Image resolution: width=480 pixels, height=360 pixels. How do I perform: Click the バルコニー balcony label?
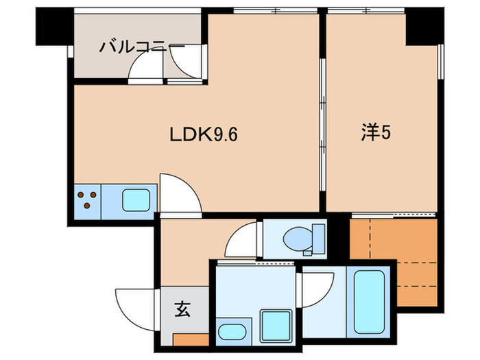tap(141, 47)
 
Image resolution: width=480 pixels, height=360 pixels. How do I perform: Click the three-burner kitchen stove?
tap(87, 200)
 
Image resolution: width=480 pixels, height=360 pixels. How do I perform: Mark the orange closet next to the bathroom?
tap(394, 261)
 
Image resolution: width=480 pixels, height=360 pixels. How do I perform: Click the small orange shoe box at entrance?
tap(190, 338)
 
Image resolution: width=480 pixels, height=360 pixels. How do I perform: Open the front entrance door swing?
tap(134, 305)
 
